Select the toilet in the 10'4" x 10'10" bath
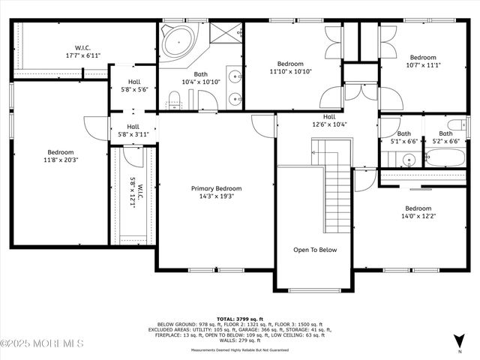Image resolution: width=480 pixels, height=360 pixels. pos(175,98)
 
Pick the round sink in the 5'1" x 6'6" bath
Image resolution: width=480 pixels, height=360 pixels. pos(408,159)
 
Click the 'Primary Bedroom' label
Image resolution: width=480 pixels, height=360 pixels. pos(217,188)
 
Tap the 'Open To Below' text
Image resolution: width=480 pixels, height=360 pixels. pos(315,250)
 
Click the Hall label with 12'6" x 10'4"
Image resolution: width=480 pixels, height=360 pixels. pos(329,121)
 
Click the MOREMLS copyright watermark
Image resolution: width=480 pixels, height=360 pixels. pos(42,343)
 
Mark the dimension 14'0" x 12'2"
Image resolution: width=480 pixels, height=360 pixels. pos(418,216)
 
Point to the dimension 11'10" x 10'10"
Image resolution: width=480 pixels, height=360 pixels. pos(290,71)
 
